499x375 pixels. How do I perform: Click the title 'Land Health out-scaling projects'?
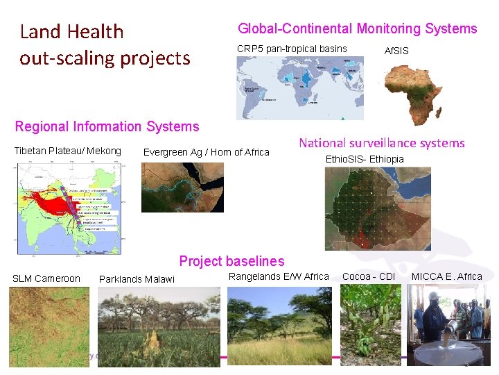tap(104, 44)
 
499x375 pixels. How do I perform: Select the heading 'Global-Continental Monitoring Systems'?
tap(357, 28)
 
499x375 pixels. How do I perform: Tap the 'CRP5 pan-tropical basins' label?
tap(292, 49)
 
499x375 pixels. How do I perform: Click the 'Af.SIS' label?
tap(396, 51)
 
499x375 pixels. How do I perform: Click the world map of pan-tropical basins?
tap(299, 88)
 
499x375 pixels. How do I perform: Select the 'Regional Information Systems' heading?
tap(107, 126)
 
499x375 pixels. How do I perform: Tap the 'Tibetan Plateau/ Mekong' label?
tap(67, 151)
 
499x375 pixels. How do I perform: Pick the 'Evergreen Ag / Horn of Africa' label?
tap(206, 152)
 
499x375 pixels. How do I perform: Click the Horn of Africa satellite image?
tap(182, 187)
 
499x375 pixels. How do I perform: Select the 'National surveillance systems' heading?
tap(381, 143)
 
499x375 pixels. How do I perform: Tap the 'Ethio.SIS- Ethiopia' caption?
tap(364, 159)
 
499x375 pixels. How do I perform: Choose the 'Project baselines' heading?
tap(231, 261)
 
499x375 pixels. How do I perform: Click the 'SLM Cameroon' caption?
tap(46, 278)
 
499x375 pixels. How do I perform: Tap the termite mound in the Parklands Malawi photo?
tap(150, 340)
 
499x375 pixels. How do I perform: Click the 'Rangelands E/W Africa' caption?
tap(278, 276)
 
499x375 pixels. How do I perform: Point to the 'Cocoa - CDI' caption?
tap(368, 276)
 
